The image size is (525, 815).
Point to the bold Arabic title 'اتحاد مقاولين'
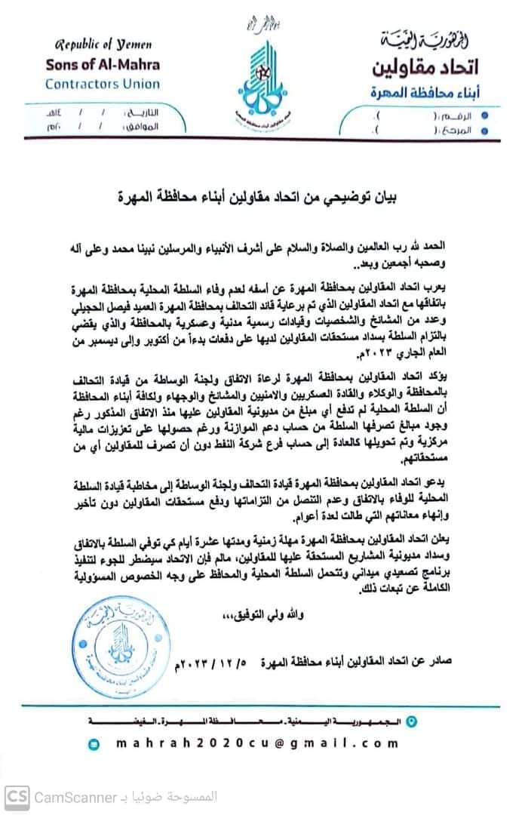422,68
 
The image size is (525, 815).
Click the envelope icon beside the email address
95,744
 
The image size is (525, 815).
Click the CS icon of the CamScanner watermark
17,796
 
